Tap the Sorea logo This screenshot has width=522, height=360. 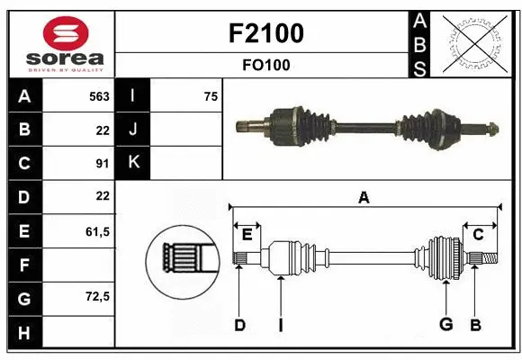(x=61, y=41)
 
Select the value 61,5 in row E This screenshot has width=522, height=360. (x=97, y=231)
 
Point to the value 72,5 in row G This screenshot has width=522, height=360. (x=97, y=296)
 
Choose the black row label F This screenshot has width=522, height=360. (x=23, y=265)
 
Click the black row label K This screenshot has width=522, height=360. (x=133, y=162)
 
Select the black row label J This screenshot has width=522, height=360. (x=133, y=130)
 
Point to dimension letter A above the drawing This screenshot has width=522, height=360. (x=364, y=198)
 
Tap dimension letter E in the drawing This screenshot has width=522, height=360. (x=247, y=235)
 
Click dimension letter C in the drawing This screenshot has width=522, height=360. (x=479, y=235)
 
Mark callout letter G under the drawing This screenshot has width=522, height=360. (x=445, y=325)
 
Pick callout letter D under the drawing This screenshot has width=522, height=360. (x=239, y=325)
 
